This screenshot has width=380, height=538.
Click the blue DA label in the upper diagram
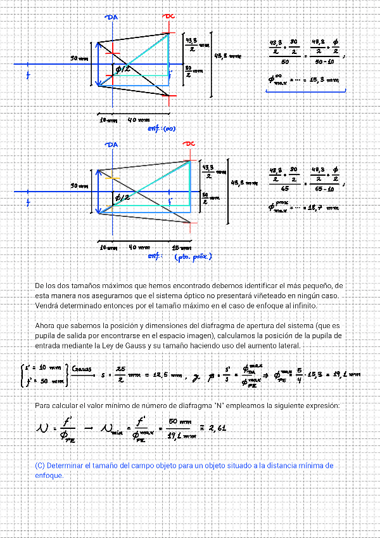[x=112, y=17]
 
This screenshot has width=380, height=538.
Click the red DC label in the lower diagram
[x=189, y=145]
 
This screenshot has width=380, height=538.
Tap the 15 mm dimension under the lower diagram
[x=182, y=247]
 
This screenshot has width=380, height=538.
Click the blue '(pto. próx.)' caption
[x=193, y=257]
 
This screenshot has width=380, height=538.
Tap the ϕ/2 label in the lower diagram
[x=121, y=198]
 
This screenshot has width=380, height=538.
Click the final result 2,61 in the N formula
[x=217, y=428]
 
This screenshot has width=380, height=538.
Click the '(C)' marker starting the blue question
[x=40, y=466]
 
